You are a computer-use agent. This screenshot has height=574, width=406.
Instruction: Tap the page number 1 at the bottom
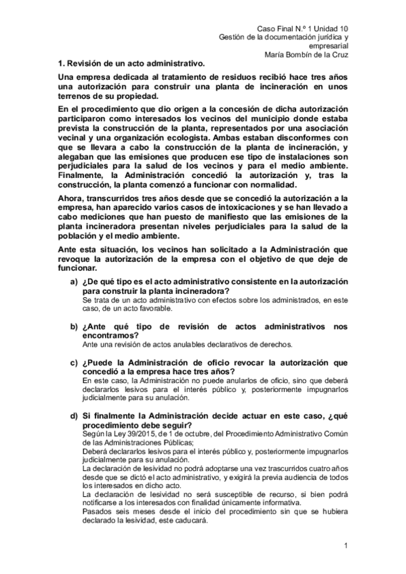pyautogui.click(x=345, y=546)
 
